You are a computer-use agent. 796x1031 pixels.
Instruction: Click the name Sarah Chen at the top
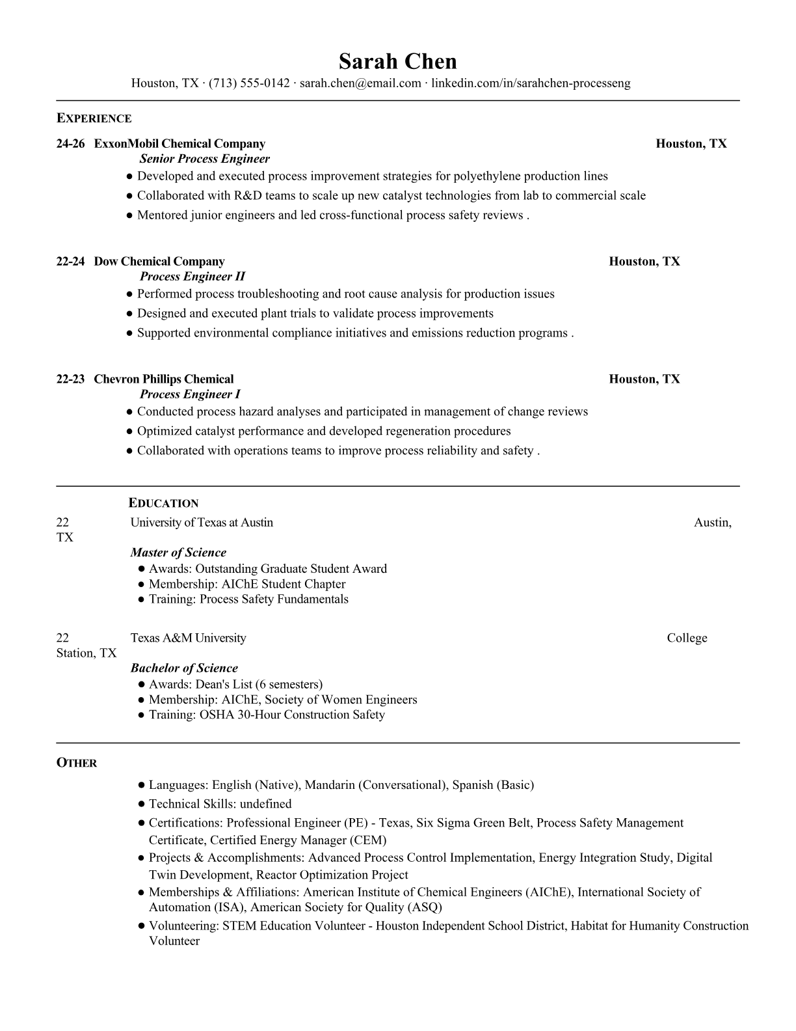(x=397, y=61)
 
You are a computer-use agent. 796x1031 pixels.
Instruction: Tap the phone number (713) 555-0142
(x=249, y=83)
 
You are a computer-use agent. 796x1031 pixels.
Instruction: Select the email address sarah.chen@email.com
(x=360, y=83)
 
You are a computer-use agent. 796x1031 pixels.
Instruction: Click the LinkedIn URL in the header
(x=531, y=83)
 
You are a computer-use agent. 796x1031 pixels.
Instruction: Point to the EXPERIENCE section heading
(x=94, y=118)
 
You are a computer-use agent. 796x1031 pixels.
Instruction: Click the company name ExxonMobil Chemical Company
(x=179, y=144)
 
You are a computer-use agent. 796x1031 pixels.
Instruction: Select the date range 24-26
(x=70, y=144)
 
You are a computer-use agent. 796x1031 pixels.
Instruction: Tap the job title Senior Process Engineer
(x=204, y=159)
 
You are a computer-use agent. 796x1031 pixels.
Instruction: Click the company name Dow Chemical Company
(x=159, y=262)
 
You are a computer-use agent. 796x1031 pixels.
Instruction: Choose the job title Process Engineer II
(x=192, y=277)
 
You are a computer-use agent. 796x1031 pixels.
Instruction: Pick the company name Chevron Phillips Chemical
(x=164, y=379)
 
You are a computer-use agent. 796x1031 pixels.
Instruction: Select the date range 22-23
(x=70, y=379)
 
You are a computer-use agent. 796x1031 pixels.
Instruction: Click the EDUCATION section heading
(x=163, y=503)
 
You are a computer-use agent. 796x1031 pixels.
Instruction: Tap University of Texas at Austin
(x=202, y=523)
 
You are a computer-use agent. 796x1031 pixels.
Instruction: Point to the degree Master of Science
(x=178, y=553)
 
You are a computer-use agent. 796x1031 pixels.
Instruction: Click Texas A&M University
(x=188, y=638)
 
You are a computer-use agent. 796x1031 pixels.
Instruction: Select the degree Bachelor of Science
(x=184, y=668)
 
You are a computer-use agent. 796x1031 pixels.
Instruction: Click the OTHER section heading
(x=77, y=763)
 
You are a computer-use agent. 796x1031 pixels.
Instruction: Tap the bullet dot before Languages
(x=141, y=786)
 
